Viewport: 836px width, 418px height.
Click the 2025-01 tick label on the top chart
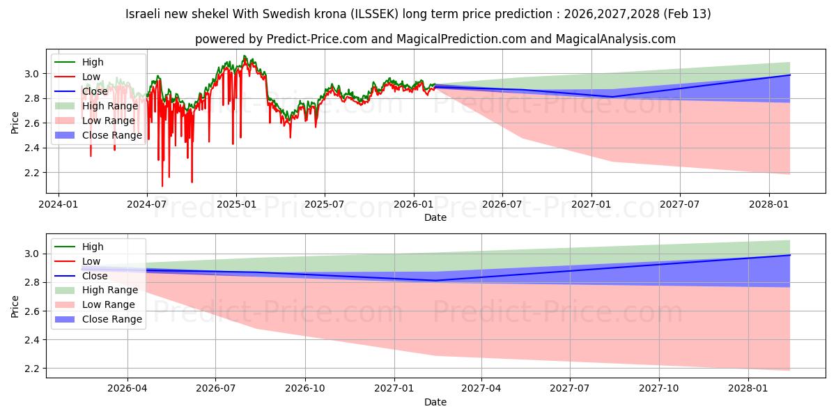236,206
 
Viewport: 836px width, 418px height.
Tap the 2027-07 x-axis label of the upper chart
680,206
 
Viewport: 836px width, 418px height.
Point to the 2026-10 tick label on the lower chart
305,390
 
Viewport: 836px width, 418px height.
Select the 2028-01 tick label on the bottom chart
748,390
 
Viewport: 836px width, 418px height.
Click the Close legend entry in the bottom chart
96,276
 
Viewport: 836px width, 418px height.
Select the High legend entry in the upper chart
93,62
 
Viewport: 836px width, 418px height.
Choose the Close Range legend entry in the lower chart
112,320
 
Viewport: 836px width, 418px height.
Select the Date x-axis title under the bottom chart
435,403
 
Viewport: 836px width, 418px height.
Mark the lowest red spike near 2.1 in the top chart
162,186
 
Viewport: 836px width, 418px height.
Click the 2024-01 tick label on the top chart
58,206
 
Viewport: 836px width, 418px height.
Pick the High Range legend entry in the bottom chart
110,291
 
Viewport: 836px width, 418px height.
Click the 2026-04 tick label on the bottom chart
127,390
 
